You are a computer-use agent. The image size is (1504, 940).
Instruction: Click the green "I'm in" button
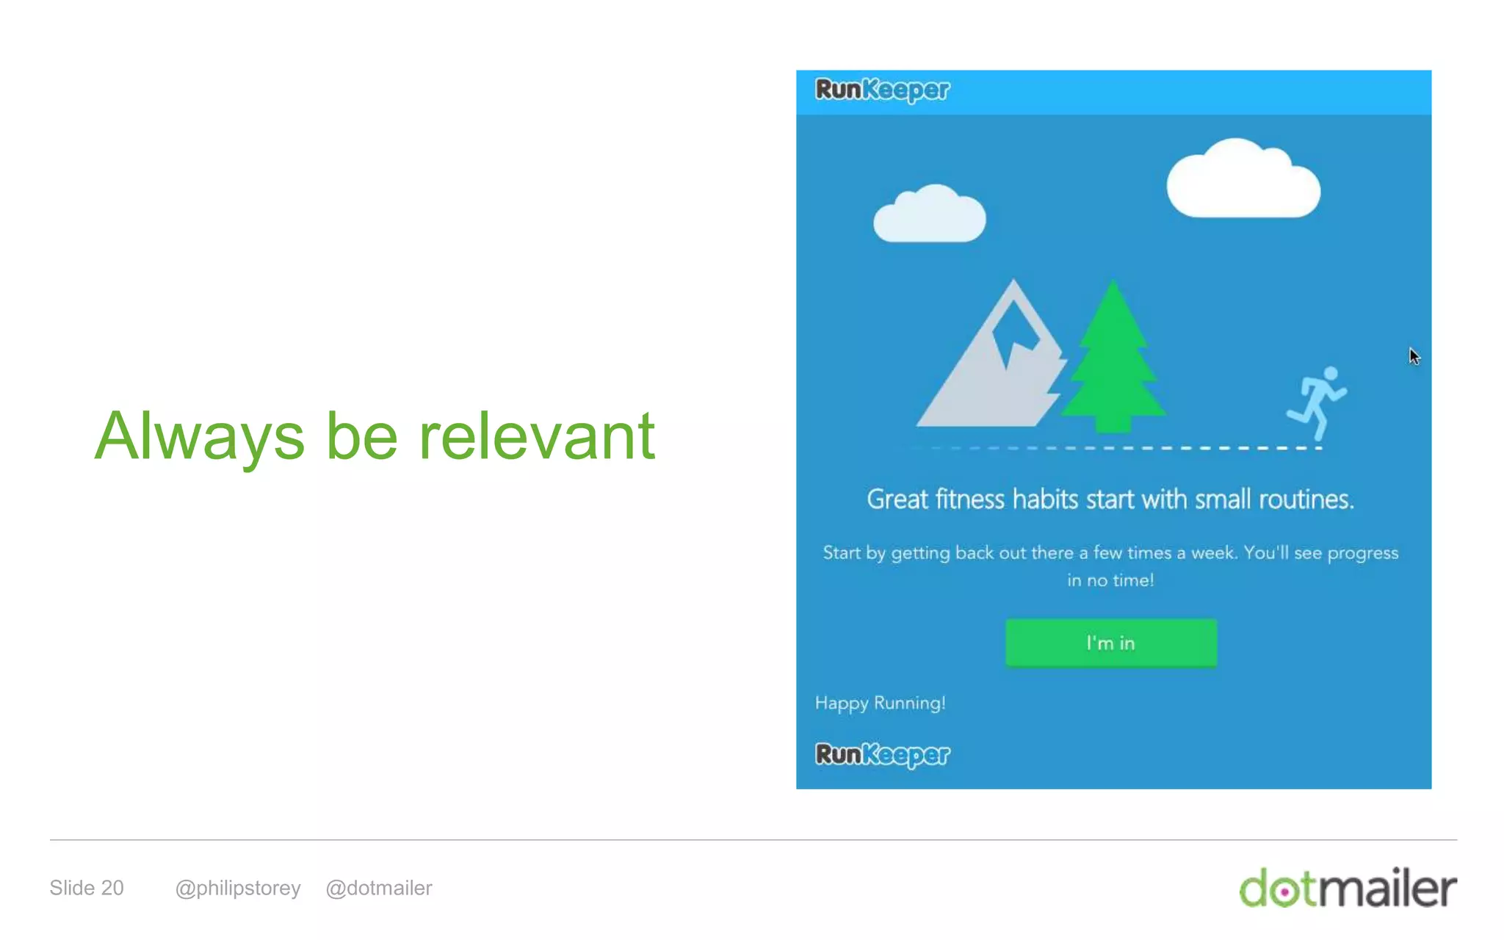click(1110, 643)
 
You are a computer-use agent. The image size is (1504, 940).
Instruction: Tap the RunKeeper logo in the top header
click(882, 90)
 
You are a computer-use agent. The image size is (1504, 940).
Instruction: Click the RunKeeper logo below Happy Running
click(882, 754)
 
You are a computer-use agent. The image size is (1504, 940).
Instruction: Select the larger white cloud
click(1243, 181)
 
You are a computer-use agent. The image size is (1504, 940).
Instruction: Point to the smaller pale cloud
click(929, 215)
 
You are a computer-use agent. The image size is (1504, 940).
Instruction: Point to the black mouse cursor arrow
click(1414, 356)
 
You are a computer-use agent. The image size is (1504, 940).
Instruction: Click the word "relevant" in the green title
click(536, 437)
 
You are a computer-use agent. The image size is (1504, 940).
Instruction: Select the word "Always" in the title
click(199, 437)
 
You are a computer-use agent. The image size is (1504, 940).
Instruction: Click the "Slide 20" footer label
click(87, 888)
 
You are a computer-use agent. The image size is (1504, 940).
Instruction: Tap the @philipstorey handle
click(238, 888)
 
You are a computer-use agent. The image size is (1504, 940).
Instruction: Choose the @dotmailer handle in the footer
click(379, 888)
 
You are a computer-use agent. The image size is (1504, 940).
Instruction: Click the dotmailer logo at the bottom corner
click(1348, 889)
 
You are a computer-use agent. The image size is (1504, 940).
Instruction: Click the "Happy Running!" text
click(880, 703)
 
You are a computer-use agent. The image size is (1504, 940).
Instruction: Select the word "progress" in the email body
click(1362, 553)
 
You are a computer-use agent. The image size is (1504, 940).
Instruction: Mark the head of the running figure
click(1330, 373)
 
